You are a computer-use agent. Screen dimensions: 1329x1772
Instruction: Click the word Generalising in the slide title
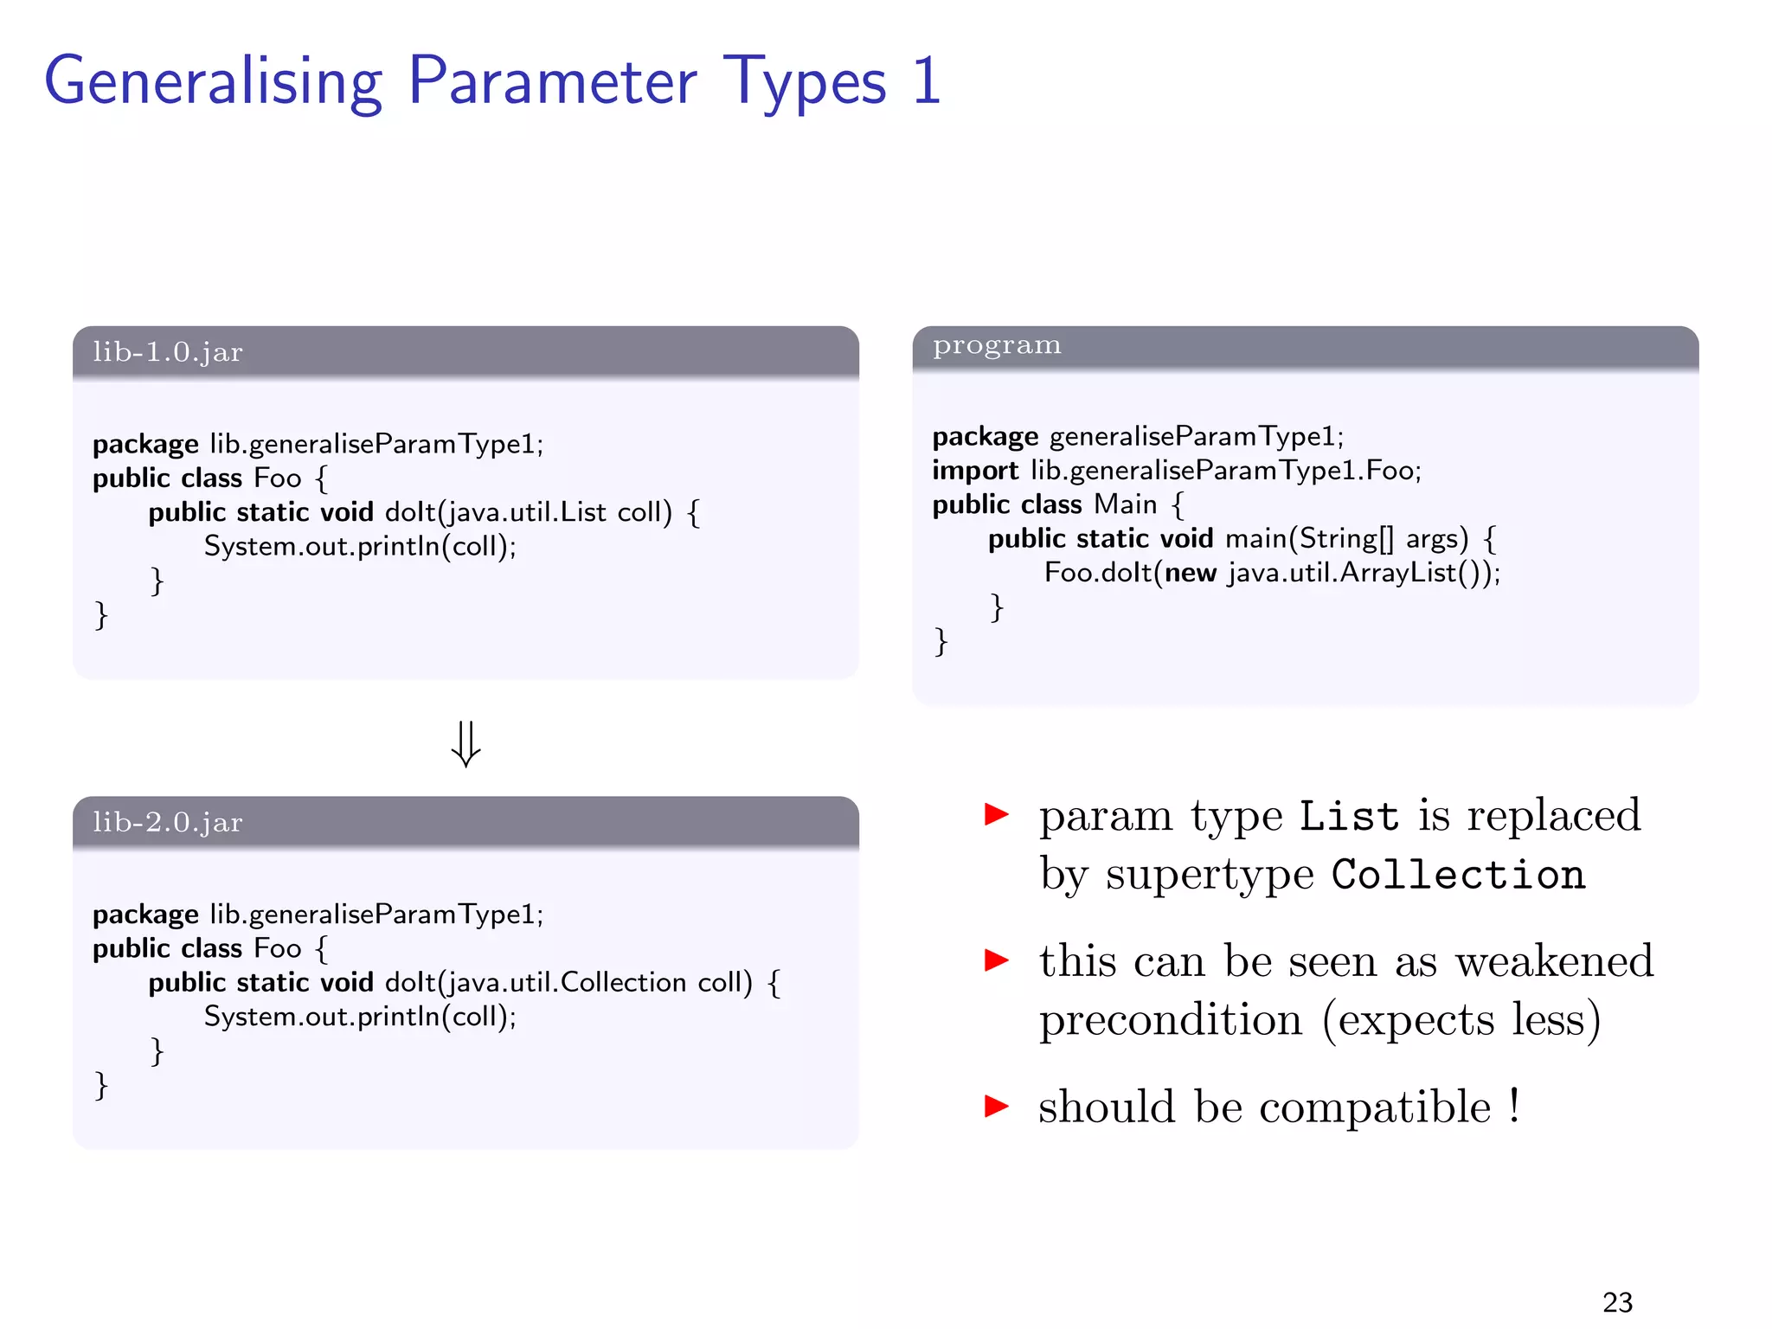pyautogui.click(x=212, y=82)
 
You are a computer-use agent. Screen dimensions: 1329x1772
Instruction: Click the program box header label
pyautogui.click(x=996, y=345)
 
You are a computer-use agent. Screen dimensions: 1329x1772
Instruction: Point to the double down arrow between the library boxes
pyautogui.click(x=465, y=744)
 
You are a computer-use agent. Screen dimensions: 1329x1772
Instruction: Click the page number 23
pyautogui.click(x=1617, y=1302)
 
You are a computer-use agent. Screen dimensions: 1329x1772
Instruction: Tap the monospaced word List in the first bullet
pyautogui.click(x=1348, y=817)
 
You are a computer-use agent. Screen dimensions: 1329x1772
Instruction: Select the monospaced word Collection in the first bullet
pyautogui.click(x=1458, y=875)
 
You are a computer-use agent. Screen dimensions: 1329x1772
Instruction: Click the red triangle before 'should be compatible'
pyautogui.click(x=997, y=1106)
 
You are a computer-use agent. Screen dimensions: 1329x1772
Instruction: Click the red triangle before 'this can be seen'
pyautogui.click(x=997, y=960)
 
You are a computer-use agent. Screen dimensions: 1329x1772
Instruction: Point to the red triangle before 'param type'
pyautogui.click(x=997, y=814)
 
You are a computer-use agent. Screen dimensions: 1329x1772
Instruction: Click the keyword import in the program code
pyautogui.click(x=975, y=471)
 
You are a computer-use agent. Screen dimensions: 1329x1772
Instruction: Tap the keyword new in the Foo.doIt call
pyautogui.click(x=1191, y=573)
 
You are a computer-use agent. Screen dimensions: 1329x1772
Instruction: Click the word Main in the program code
pyautogui.click(x=1125, y=504)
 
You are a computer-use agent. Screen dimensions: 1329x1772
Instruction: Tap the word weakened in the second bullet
pyautogui.click(x=1554, y=961)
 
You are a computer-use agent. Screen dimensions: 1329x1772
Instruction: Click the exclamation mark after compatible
pyautogui.click(x=1514, y=1106)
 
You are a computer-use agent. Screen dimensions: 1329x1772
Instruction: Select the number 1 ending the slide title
pyautogui.click(x=926, y=82)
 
